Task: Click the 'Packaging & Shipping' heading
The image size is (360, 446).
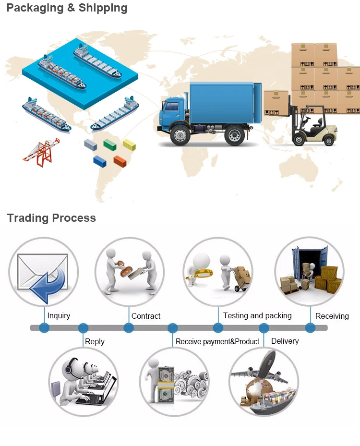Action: (67, 8)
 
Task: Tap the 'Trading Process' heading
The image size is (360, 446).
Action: (51, 218)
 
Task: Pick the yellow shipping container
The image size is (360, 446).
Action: (129, 144)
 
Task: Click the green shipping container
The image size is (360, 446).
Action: (110, 144)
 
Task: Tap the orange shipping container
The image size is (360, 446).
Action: (120, 161)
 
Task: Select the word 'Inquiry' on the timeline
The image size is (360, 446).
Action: (59, 315)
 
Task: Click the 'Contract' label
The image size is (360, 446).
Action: (146, 316)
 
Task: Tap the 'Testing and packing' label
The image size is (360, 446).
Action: (257, 315)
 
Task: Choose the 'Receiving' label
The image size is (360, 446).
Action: (332, 316)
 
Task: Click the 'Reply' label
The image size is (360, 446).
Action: (95, 341)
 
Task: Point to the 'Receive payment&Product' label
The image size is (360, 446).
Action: (217, 341)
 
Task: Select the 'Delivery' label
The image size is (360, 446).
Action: (285, 341)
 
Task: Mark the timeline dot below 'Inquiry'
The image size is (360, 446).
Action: (44, 328)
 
